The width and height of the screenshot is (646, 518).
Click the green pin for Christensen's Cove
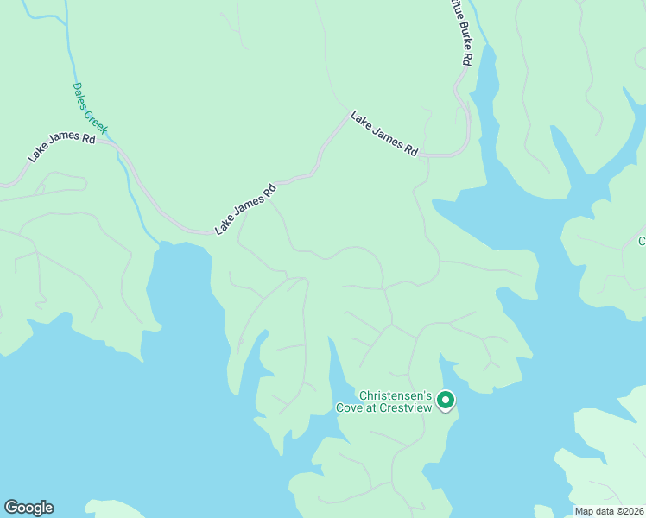point(445,401)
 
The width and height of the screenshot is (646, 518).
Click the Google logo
point(28,508)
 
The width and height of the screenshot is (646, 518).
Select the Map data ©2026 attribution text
point(610,511)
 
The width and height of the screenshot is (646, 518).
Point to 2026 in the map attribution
point(632,511)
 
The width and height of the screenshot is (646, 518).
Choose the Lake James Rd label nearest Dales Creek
point(61,146)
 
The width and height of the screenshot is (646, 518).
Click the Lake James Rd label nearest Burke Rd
point(383,133)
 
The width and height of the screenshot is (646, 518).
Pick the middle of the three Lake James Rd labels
point(245,209)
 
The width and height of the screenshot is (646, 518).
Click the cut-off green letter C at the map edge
point(642,241)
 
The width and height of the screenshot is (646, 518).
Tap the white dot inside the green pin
point(445,400)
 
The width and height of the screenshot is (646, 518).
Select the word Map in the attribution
point(585,511)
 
